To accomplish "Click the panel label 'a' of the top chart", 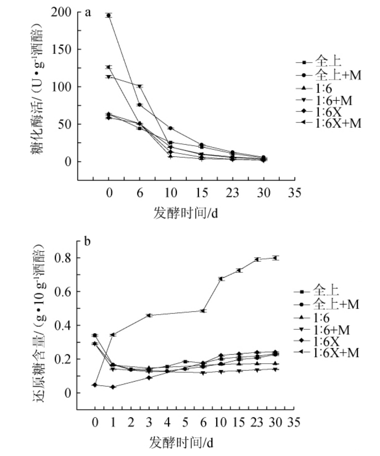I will pos(87,13).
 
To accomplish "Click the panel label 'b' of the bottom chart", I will pos(87,241).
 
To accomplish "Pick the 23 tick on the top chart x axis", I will pos(233,193).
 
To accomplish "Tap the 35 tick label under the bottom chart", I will pos(291,423).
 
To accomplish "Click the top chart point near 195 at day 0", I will pos(109,15).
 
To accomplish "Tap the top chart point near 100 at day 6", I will pos(140,86).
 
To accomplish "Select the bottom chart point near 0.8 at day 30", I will pos(276,258).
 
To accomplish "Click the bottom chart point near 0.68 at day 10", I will pos(221,279).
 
